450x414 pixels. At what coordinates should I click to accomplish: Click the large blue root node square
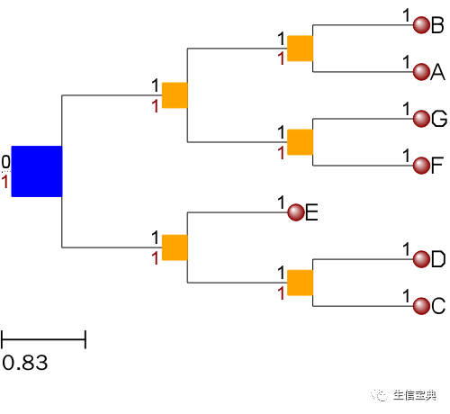36,171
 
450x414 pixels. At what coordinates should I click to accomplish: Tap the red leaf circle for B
420,25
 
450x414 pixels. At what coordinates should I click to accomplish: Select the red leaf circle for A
420,71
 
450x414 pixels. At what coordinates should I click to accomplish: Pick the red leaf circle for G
420,118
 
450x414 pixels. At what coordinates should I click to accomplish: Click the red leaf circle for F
420,165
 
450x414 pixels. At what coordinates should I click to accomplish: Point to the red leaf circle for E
296,212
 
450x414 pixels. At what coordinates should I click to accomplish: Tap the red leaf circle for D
420,259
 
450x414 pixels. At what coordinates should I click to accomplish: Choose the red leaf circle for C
420,306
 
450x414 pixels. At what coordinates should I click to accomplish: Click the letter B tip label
437,25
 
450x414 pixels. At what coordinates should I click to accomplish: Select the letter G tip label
438,118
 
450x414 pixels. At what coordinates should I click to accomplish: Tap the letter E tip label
312,212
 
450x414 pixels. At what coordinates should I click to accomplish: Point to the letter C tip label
438,306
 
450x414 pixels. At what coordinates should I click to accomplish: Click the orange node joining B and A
300,49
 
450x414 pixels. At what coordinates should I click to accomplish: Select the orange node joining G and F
300,141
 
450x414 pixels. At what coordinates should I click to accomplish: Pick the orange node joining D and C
300,283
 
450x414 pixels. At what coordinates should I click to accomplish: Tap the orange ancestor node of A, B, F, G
175,95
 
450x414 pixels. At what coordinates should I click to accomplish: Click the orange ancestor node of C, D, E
175,247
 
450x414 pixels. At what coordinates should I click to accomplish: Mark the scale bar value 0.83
24,364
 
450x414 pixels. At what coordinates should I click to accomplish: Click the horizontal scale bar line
43,339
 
